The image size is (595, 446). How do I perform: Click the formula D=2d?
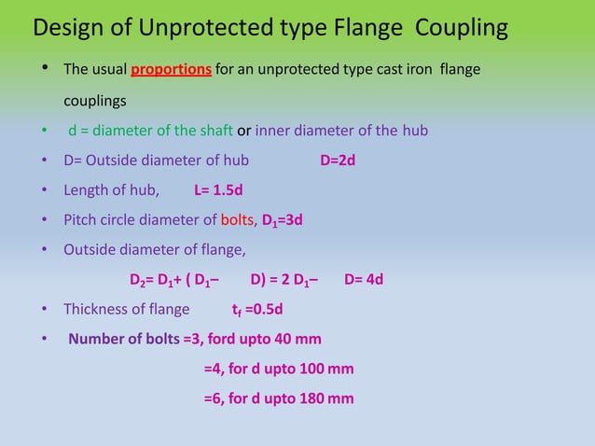coord(338,160)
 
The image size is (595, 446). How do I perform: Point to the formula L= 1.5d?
coord(218,190)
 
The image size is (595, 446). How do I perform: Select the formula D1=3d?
coord(281,221)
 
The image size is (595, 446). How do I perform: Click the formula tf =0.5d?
coord(257,310)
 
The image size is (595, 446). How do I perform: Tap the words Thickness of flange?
coord(126,310)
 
